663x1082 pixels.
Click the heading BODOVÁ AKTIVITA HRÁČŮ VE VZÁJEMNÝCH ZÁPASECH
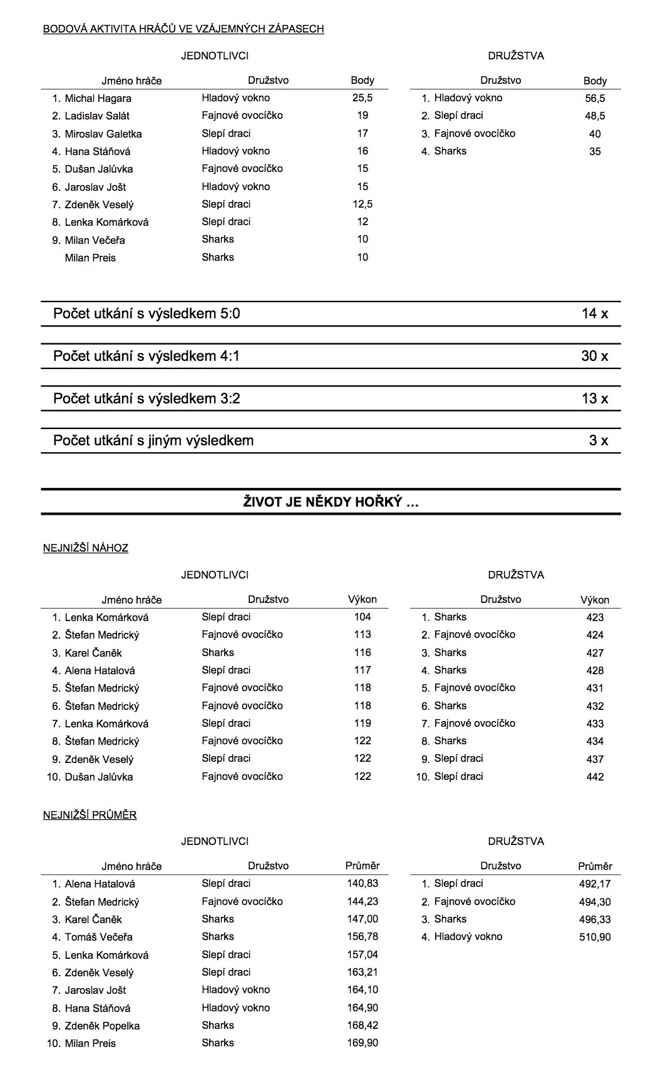183,29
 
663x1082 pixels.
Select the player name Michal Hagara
98,98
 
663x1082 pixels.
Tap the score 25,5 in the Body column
362,98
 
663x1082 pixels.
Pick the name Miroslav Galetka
103,134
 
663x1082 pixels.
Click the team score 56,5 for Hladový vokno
595,99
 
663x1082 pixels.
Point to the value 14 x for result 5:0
594,314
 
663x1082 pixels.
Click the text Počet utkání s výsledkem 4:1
146,356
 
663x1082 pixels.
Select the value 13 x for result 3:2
594,399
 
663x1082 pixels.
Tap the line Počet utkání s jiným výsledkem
153,441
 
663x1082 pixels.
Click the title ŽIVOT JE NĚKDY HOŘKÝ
331,502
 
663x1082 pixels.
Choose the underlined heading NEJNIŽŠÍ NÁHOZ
86,549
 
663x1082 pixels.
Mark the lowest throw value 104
362,617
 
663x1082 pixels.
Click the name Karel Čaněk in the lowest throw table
93,653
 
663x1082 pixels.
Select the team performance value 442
595,777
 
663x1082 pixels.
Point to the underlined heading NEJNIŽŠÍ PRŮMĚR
90,815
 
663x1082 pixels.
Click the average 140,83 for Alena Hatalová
362,884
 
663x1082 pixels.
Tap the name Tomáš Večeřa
98,937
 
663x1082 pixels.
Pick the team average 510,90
595,937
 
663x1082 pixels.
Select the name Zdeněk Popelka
102,1026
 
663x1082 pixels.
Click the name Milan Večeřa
95,240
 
